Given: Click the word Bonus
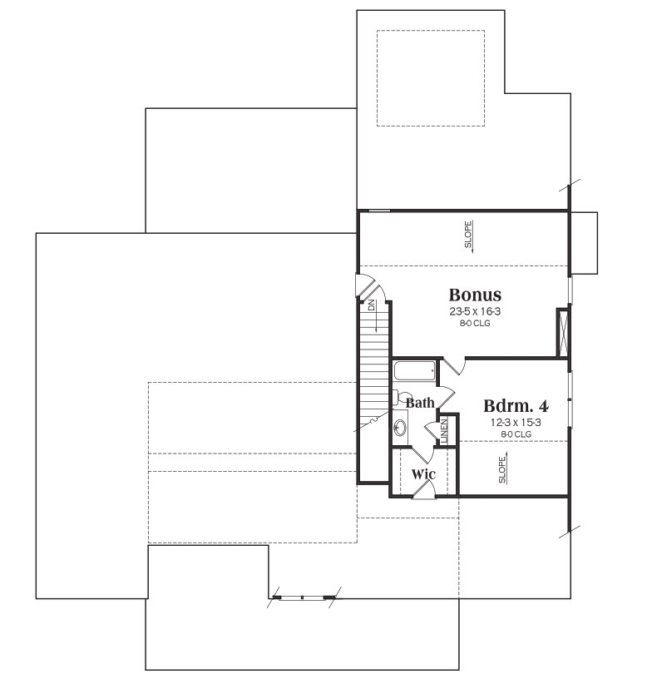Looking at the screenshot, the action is click(475, 295).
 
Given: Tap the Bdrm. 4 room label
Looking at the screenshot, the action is click(516, 406).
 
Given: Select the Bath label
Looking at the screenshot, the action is click(420, 403).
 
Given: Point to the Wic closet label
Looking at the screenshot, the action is click(423, 473).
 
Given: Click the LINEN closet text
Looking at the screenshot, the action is click(444, 431).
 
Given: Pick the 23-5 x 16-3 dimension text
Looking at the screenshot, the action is click(475, 311).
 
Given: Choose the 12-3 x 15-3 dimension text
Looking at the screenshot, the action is click(516, 422).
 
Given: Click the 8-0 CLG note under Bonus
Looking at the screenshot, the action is click(475, 323).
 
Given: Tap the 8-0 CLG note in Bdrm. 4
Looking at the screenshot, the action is click(516, 434).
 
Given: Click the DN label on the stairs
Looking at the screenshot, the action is click(372, 305).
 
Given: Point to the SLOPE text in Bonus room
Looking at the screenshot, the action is click(468, 235).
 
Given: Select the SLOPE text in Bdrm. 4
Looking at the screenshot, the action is click(502, 470).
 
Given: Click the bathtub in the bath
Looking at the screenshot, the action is click(415, 371).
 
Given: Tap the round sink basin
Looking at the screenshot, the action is click(399, 428).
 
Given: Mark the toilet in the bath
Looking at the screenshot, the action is click(397, 398).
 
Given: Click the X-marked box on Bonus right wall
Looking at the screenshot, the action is click(563, 333).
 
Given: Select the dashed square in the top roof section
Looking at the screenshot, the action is click(431, 78).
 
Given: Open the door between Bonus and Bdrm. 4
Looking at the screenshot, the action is click(454, 365).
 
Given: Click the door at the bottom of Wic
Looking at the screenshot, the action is click(424, 492).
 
